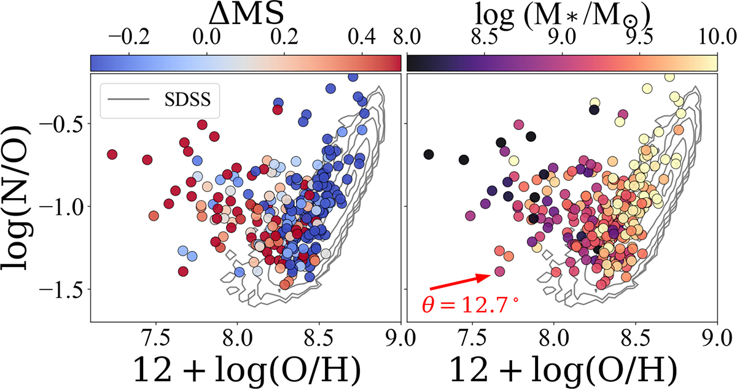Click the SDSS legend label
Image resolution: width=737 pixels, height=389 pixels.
pos(187,99)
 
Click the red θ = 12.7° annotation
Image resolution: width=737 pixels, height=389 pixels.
pos(471,306)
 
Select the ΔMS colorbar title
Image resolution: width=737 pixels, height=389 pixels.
pos(246,15)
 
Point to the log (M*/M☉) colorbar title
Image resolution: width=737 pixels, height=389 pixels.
pos(563,15)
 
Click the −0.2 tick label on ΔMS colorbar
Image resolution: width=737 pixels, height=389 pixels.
pos(130,37)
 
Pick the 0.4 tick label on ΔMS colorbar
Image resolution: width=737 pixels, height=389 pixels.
pos(362,37)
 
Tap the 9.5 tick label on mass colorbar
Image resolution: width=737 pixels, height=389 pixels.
pos(639,37)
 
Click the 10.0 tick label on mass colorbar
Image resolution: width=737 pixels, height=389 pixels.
pos(717,37)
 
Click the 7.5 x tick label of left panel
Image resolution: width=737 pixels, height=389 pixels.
pos(155,339)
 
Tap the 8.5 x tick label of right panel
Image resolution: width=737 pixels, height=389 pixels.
pos(636,339)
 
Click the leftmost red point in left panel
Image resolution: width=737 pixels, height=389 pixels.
pos(112,154)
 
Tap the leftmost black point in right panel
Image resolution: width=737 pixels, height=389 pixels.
pos(429,154)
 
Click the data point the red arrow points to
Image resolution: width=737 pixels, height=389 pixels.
pos(499,271)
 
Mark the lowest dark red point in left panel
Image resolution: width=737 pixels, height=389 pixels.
pos(183,272)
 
